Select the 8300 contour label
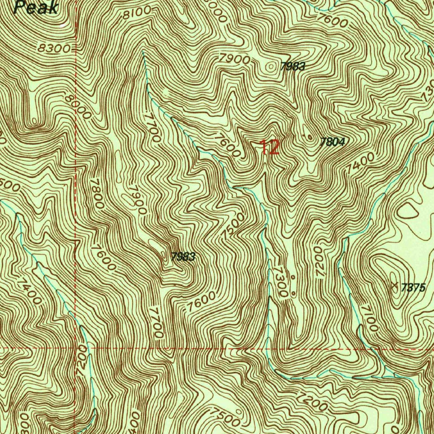click(x=54, y=48)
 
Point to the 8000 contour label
click(x=78, y=106)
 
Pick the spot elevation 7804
click(x=332, y=142)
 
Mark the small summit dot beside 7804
click(x=310, y=137)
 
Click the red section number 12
click(x=270, y=147)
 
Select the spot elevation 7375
click(x=413, y=288)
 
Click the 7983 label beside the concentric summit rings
click(x=292, y=67)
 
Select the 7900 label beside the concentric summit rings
click(x=235, y=59)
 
